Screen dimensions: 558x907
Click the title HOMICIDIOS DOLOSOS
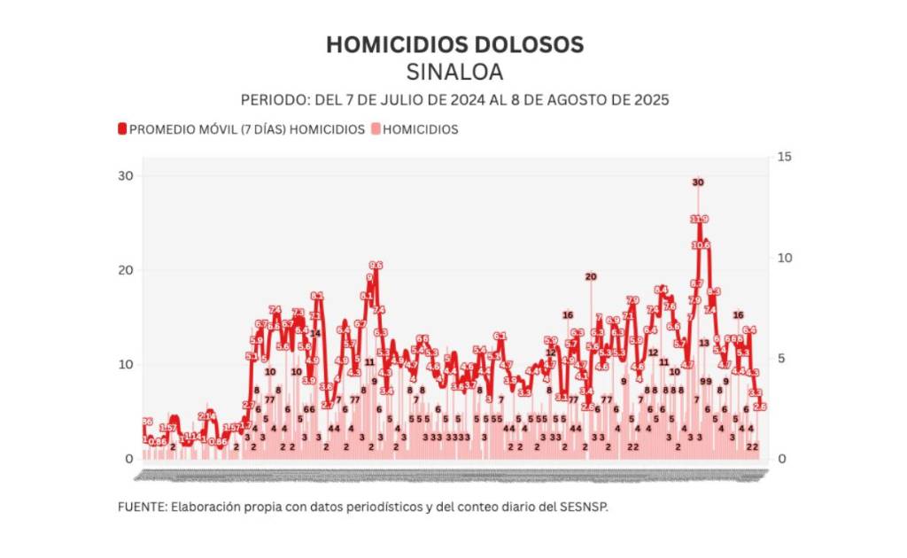(454, 44)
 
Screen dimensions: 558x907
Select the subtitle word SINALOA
(453, 71)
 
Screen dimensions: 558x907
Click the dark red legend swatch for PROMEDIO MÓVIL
(122, 129)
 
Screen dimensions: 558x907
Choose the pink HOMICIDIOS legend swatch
(376, 129)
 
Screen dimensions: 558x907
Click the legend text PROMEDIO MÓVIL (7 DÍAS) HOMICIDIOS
(247, 129)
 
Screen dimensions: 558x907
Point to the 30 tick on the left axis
(126, 175)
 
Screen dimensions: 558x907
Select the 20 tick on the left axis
(126, 270)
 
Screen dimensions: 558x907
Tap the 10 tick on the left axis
(126, 364)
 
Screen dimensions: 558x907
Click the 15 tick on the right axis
(784, 157)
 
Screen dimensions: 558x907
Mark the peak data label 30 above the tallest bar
(698, 182)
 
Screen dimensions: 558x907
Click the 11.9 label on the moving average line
(699, 219)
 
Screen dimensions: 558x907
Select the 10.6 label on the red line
(701, 244)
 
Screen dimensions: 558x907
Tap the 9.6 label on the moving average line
(376, 265)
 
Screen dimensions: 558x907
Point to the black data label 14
(314, 333)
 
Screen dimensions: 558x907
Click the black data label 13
(704, 343)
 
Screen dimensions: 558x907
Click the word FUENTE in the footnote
(139, 508)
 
